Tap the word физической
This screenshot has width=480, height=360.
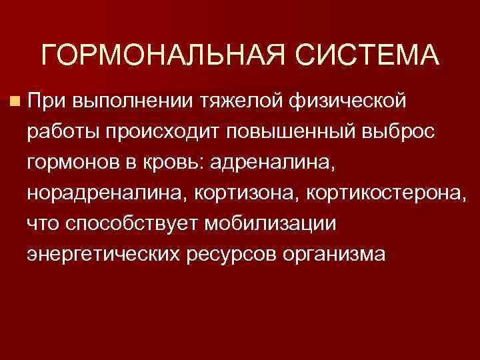coord(347,102)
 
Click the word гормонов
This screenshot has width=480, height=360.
coord(71,163)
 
